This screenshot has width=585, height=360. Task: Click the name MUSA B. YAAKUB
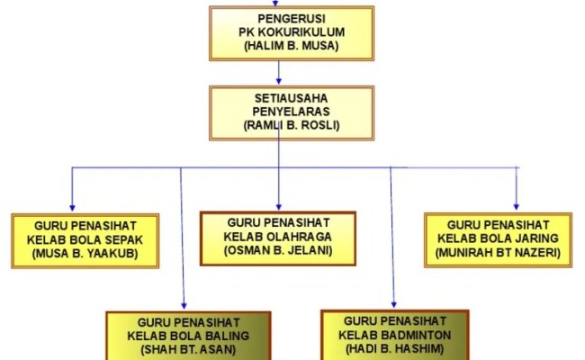coord(86,254)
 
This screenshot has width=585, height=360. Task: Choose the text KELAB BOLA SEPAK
coord(86,239)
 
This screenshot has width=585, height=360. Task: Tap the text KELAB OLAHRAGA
coord(278,237)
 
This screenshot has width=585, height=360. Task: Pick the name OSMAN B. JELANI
coord(278,251)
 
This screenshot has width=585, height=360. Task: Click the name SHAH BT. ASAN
coord(189,350)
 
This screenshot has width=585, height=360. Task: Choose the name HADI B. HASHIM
coord(396,348)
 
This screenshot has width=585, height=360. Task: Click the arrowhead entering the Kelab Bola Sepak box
coord(71,208)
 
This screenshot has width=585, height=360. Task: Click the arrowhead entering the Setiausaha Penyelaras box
coord(279,81)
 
